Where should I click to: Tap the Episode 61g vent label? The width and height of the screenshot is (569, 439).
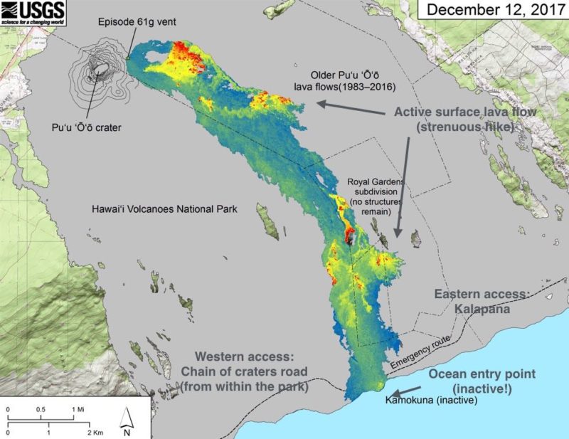click(x=137, y=22)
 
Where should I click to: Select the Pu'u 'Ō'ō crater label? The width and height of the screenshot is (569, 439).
click(x=87, y=128)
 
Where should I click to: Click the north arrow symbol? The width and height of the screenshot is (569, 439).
click(x=126, y=421)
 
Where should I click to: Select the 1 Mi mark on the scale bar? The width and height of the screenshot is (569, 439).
click(x=75, y=409)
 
